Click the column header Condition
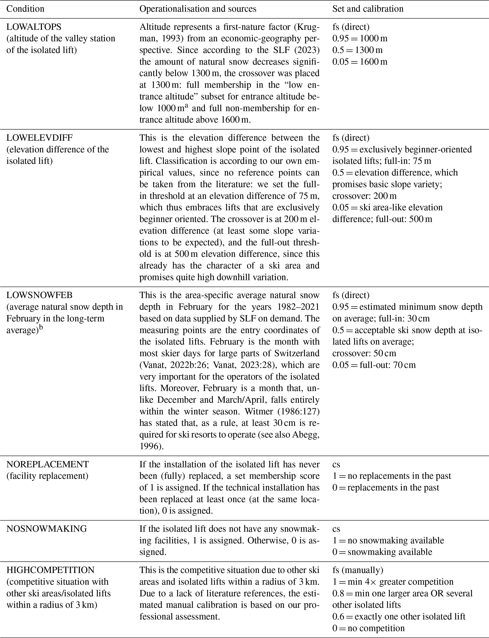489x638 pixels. tap(25, 9)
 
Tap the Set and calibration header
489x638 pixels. tap(368, 9)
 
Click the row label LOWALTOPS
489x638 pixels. tap(34, 27)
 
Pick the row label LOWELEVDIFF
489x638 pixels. tap(39, 138)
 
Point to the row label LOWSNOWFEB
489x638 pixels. tap(39, 295)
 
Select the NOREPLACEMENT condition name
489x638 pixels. tap(48, 464)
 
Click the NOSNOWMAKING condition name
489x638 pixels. tap(47, 528)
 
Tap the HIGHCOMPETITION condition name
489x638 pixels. tap(50, 570)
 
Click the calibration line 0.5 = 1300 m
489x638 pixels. tap(357, 50)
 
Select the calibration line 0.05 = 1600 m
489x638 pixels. tap(360, 62)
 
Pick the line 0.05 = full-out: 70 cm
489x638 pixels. tap(374, 365)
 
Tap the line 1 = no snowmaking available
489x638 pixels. tap(388, 541)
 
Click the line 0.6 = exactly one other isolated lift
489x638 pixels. tap(399, 616)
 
